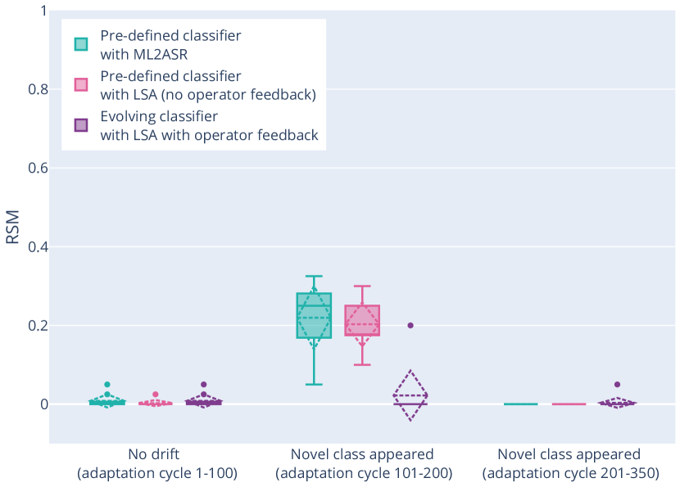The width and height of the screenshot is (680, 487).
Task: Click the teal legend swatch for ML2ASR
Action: pyautogui.click(x=81, y=43)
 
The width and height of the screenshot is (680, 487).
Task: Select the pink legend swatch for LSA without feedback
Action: pyautogui.click(x=81, y=84)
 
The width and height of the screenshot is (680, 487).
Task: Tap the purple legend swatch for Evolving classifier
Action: pyautogui.click(x=81, y=125)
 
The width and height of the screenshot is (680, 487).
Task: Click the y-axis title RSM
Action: pyautogui.click(x=12, y=226)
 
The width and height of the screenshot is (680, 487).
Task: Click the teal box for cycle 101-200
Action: pyautogui.click(x=314, y=315)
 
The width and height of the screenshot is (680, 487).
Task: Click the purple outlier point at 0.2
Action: pyautogui.click(x=410, y=325)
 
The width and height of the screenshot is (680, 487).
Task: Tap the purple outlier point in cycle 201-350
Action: pyautogui.click(x=617, y=385)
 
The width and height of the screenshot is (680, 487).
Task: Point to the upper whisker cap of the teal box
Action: pyautogui.click(x=314, y=277)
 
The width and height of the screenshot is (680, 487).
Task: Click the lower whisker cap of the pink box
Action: pyautogui.click(x=362, y=364)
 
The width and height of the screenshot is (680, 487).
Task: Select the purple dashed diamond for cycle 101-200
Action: pyautogui.click(x=410, y=395)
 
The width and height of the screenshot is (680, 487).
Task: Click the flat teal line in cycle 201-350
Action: pyautogui.click(x=520, y=404)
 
